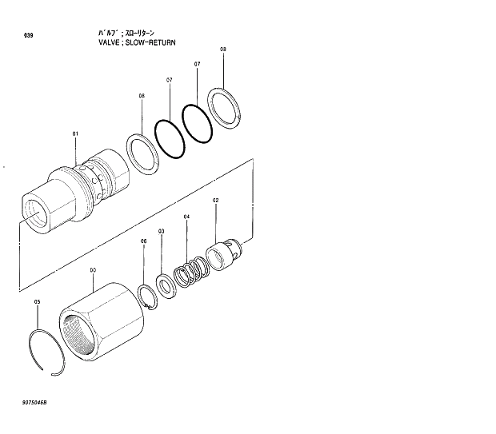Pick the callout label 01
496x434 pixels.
pyautogui.click(x=76, y=133)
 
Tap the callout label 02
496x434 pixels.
pyautogui.click(x=215, y=201)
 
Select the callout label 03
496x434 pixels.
pyautogui.click(x=162, y=231)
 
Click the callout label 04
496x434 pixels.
pyautogui.click(x=186, y=217)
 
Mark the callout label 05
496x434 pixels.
pyautogui.click(x=37, y=301)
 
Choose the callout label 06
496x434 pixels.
pyautogui.click(x=144, y=241)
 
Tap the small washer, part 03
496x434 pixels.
pyautogui.click(x=167, y=285)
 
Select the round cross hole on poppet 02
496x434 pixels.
pyautogui.click(x=231, y=245)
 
